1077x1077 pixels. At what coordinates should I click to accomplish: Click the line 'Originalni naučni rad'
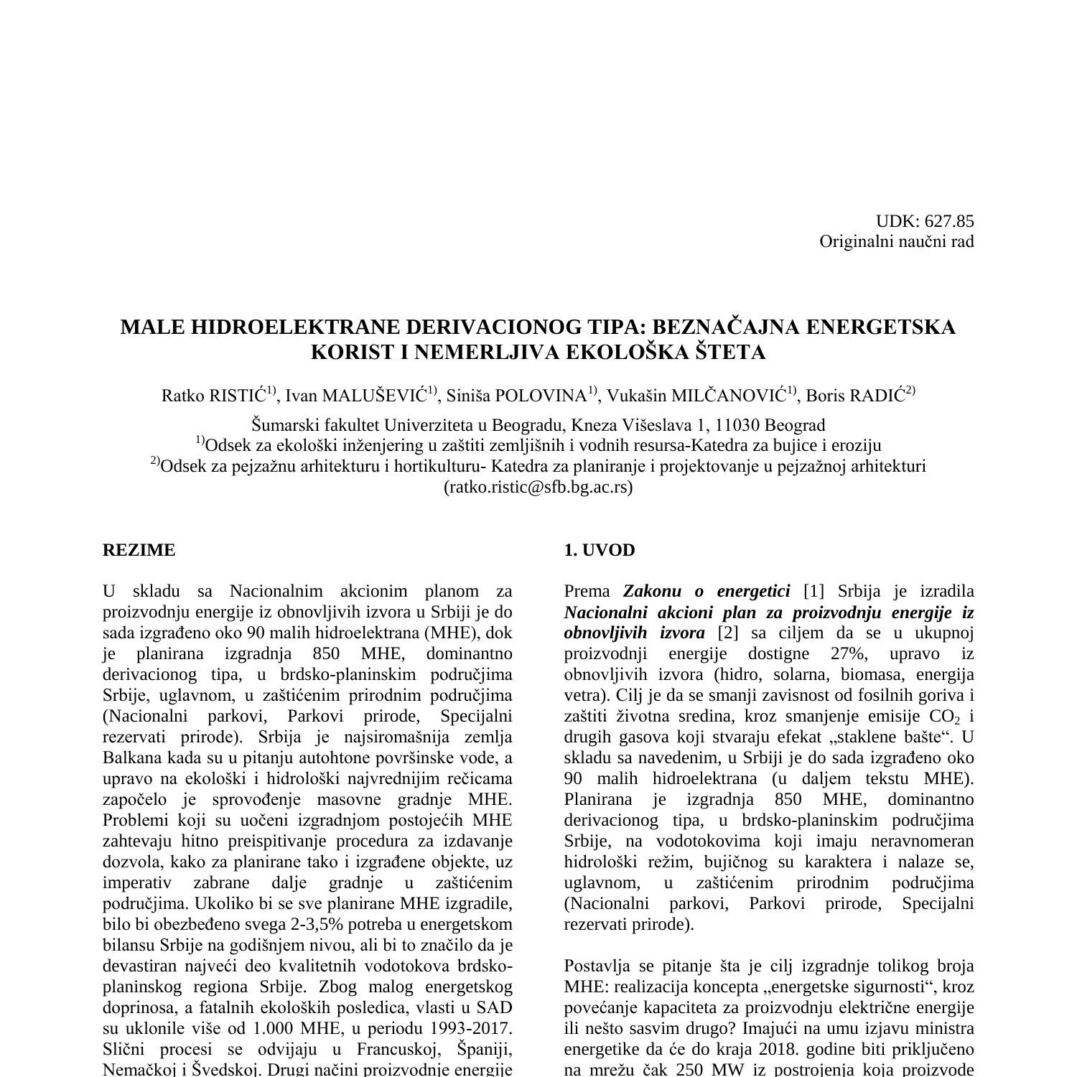click(896, 241)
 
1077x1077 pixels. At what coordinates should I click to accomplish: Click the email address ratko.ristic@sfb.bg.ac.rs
click(538, 487)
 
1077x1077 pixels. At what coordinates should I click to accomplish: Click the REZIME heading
click(139, 550)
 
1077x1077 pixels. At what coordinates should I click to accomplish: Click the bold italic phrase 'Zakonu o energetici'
click(706, 592)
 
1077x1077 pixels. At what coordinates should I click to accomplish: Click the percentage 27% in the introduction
click(849, 654)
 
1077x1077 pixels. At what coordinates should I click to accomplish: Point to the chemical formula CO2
click(944, 717)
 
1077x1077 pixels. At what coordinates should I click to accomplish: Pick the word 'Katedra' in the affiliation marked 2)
click(519, 467)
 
